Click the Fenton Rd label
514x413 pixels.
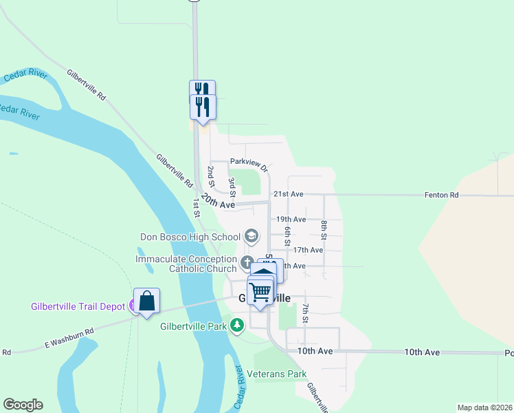coord(444,195)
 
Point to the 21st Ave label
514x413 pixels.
coord(288,195)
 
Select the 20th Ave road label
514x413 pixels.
coord(219,201)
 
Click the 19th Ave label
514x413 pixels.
coord(291,220)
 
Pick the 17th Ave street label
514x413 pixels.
coord(307,250)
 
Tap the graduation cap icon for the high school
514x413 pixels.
coord(251,237)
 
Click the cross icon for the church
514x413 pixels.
coord(247,262)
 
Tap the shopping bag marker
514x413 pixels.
coord(146,301)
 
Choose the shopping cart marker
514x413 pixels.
coord(260,292)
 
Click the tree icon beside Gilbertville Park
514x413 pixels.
coord(237,325)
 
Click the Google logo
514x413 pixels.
coord(23,405)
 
